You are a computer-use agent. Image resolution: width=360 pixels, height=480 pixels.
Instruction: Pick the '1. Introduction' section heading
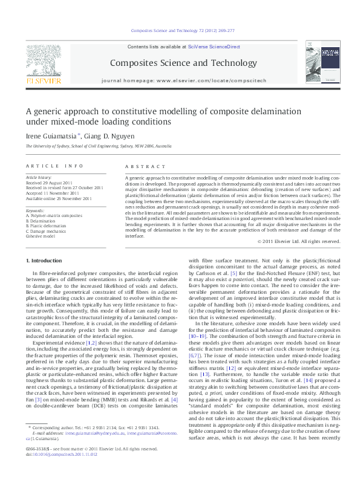click(46, 261)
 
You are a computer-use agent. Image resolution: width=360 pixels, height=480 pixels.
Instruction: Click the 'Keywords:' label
click(35, 210)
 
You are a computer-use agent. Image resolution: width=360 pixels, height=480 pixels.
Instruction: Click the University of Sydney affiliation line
click(94, 146)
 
